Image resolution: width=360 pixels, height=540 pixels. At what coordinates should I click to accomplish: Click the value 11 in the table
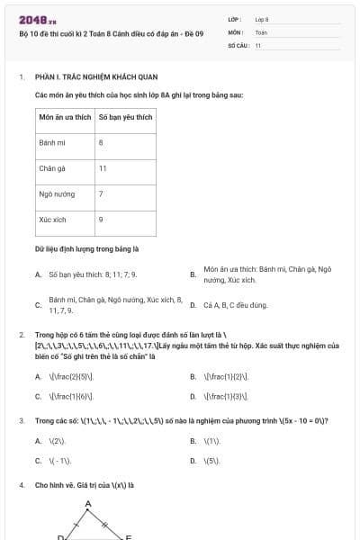103,168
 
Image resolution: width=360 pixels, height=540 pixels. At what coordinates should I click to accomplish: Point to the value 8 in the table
100,143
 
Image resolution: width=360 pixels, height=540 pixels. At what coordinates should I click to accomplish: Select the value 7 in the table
100,193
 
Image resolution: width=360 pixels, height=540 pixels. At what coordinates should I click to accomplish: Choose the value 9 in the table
100,219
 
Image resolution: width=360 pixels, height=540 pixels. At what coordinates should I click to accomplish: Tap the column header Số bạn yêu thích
125,118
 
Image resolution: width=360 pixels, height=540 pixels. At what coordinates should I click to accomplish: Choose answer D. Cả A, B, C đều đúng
236,305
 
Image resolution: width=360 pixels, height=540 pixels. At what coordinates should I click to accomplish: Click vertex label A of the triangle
88,504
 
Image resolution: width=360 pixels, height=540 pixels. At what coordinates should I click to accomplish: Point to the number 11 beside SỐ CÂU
257,44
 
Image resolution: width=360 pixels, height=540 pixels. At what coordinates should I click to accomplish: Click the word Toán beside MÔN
261,31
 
